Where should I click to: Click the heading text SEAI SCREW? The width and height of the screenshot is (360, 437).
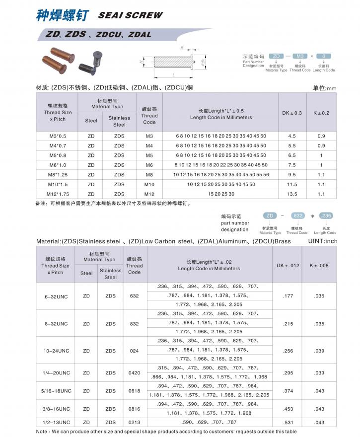[130, 15]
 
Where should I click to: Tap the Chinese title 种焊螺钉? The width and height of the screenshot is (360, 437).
[62, 14]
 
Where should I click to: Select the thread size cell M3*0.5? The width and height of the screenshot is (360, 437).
[58, 136]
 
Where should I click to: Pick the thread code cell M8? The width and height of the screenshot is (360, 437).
[149, 174]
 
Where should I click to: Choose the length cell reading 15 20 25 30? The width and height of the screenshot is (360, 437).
[221, 194]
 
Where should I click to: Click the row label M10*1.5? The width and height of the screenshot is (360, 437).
[58, 184]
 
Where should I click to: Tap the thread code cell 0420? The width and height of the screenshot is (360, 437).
[134, 372]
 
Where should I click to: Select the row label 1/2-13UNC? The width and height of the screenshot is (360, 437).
[56, 422]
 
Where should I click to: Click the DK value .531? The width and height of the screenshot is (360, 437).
[288, 422]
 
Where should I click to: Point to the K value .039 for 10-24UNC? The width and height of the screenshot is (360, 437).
[319, 351]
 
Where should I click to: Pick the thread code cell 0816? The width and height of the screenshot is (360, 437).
[134, 409]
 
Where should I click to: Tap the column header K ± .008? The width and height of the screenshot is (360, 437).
[319, 265]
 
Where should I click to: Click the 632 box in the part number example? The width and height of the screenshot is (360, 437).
[298, 216]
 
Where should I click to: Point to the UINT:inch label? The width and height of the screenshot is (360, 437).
[322, 241]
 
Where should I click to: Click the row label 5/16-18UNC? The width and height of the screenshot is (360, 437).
[56, 391]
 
